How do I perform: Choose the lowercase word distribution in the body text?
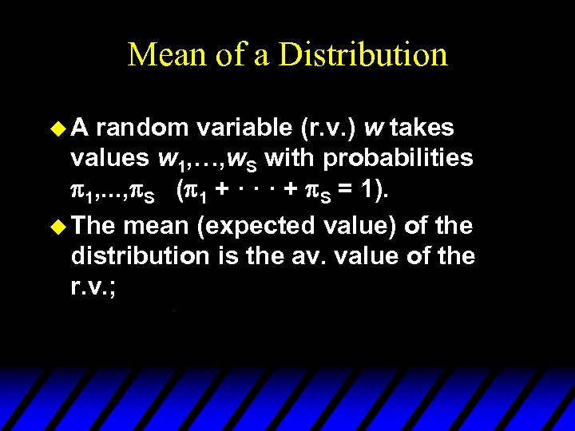pos(141,257)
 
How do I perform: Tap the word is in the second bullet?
pos(230,257)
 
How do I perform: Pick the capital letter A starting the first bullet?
pos(81,127)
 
